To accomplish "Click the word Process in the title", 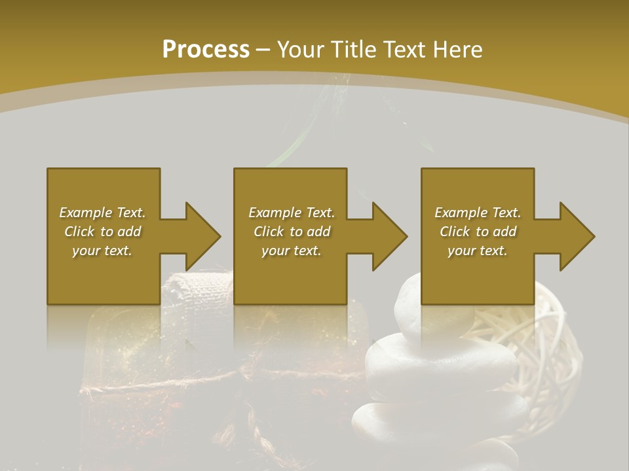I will [206, 49].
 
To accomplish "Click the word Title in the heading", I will [352, 49].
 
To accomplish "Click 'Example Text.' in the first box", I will [102, 213].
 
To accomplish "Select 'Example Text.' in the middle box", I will [292, 213].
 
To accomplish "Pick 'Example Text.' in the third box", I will [478, 213].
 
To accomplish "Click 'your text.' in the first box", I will [102, 251].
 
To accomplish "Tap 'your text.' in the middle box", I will [292, 251].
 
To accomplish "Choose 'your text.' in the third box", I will [478, 251].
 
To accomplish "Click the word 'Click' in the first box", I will [79, 232].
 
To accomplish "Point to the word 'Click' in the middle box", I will [269, 232].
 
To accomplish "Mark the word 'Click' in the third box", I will [455, 232].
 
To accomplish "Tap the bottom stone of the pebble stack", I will [393, 425].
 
